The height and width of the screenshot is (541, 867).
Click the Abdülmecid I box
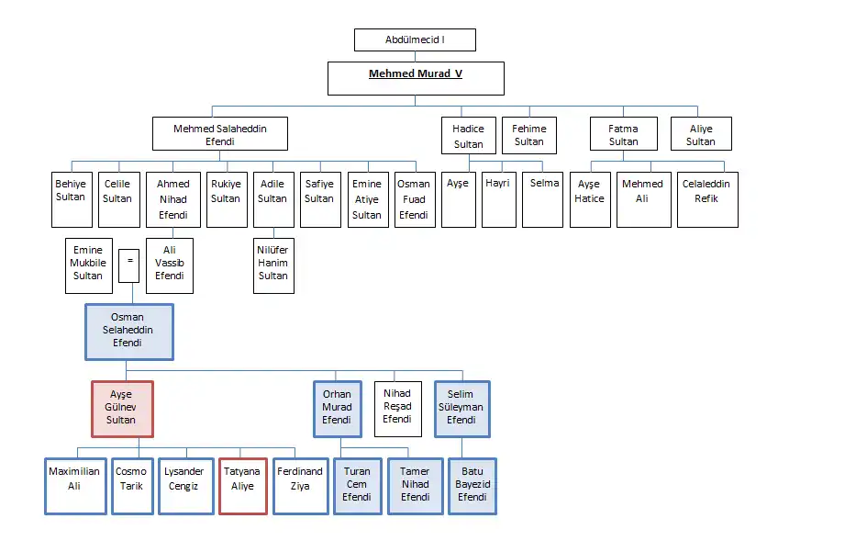pyautogui.click(x=415, y=40)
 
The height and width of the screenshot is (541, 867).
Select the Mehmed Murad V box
pyautogui.click(x=416, y=78)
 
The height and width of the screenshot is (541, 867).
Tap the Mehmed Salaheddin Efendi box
pyautogui.click(x=220, y=133)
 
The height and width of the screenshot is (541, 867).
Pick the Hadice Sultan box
pyautogui.click(x=468, y=133)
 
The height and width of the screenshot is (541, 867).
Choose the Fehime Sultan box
pyautogui.click(x=528, y=133)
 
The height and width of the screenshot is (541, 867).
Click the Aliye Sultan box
pyautogui.click(x=701, y=133)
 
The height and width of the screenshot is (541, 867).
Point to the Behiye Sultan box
pyautogui.click(x=71, y=199)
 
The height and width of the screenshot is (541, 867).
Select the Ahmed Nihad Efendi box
pyautogui.click(x=172, y=199)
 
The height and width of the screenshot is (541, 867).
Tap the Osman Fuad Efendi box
pyautogui.click(x=414, y=199)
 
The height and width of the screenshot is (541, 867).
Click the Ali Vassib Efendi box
pyautogui.click(x=170, y=265)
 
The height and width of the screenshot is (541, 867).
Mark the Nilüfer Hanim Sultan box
pyautogui.click(x=273, y=265)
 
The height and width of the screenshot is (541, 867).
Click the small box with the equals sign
pyautogui.click(x=129, y=265)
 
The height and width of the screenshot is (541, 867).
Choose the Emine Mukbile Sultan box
pyautogui.click(x=88, y=265)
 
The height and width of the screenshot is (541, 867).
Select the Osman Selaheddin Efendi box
pyautogui.click(x=129, y=332)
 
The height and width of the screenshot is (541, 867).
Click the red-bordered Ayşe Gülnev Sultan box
pyautogui.click(x=122, y=409)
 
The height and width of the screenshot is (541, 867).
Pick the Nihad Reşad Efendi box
pyautogui.click(x=397, y=409)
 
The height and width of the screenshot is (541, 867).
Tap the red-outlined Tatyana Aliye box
pyautogui.click(x=243, y=486)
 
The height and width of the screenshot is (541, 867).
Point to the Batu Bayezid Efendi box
pyautogui.click(x=472, y=486)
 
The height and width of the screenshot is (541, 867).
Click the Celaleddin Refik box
pyautogui.click(x=707, y=199)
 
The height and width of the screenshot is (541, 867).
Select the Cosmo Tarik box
pyautogui.click(x=132, y=486)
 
